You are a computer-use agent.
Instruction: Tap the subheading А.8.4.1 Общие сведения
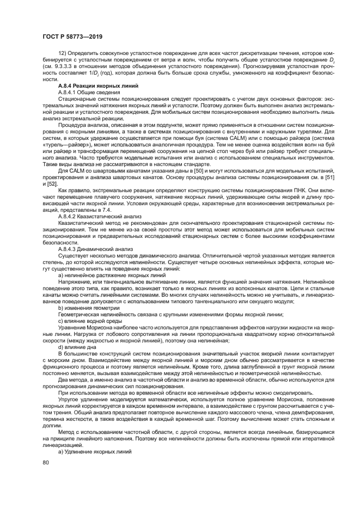(x=85, y=93)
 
